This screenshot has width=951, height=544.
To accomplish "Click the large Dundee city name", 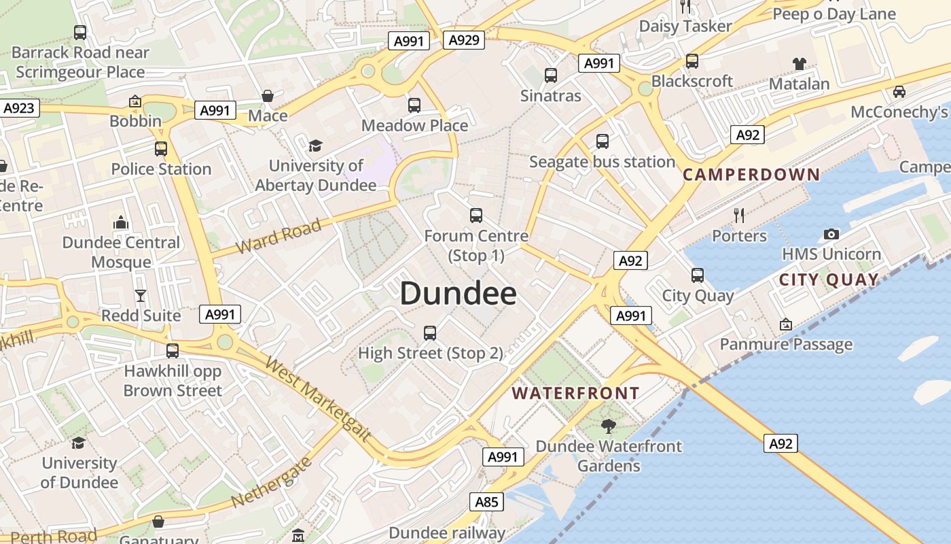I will (458, 294).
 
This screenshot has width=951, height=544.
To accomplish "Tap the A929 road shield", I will (465, 40).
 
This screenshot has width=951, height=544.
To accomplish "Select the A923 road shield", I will (19, 108).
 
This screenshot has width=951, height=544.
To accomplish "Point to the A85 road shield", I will (486, 503).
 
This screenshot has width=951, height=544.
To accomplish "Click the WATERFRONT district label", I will (575, 393).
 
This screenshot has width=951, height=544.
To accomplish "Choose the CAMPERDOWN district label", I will (751, 175).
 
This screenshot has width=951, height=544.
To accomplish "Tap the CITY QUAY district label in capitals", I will (829, 279).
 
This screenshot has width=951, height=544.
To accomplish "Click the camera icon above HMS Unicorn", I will (831, 235).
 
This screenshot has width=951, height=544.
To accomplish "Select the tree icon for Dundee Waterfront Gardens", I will (608, 426).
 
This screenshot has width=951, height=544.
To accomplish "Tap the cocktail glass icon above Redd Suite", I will (141, 295).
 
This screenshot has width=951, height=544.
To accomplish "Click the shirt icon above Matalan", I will (799, 64).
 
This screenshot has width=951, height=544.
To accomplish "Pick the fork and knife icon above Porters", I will (739, 216).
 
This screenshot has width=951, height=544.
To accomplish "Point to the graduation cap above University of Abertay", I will (315, 146).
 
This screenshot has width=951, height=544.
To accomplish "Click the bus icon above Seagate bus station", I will (602, 141).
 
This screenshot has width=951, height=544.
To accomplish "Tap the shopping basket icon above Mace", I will (268, 96).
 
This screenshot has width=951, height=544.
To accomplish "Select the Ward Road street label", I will (279, 237).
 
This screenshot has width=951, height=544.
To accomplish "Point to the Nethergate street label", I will (271, 482).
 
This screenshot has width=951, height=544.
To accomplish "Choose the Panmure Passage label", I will (786, 344).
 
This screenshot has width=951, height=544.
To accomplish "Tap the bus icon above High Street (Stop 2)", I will (429, 333).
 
